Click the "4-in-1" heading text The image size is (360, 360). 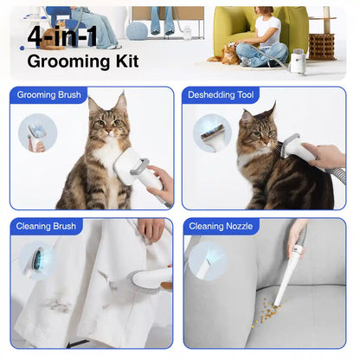(62, 35)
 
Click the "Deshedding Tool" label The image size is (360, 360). (222, 95)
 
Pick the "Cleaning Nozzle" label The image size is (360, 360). (218, 227)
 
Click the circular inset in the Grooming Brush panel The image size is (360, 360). (38, 132)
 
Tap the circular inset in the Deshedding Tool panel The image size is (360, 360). (212, 133)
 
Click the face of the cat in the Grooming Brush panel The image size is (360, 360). (106, 122)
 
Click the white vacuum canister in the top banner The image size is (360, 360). (299, 59)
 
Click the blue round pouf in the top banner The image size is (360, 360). (137, 31)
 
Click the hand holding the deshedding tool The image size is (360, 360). (325, 156)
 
